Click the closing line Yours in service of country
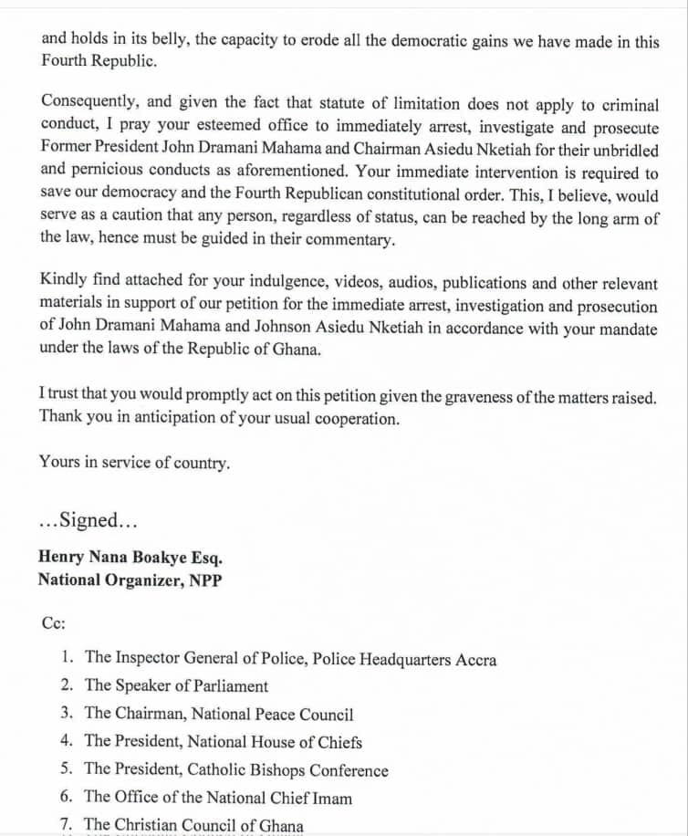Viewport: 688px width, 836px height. pyautogui.click(x=134, y=463)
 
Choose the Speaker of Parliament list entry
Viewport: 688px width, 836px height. pyautogui.click(x=176, y=685)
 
